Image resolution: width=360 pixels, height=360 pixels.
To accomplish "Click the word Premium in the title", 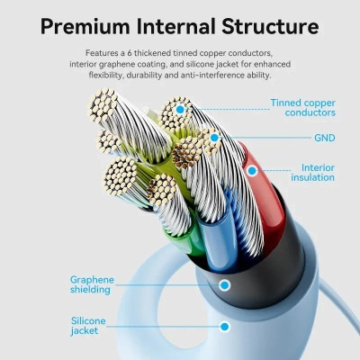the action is [x=85, y=26].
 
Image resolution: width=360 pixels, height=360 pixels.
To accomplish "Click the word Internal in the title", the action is [x=175, y=26].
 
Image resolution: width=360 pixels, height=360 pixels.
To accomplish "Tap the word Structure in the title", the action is [x=270, y=26].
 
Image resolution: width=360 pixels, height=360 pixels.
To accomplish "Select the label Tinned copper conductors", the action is [x=302, y=107].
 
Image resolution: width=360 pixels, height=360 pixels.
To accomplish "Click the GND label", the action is [x=325, y=138].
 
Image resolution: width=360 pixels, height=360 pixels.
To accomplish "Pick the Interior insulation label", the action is [x=312, y=173].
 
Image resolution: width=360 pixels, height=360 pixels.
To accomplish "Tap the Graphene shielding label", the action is [x=92, y=284].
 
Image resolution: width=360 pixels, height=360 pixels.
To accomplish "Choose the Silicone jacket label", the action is [x=88, y=326].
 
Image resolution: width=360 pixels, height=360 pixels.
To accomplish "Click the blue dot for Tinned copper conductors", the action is [x=180, y=110].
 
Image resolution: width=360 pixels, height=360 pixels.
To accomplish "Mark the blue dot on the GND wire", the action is [x=214, y=138].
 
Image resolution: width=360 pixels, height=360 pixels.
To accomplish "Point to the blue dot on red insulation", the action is [x=252, y=171].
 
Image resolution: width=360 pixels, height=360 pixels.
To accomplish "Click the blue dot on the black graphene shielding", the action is [x=225, y=284].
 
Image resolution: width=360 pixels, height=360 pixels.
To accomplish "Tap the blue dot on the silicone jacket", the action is [x=225, y=326].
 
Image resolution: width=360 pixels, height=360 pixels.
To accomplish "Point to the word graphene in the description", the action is [x=118, y=64].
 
